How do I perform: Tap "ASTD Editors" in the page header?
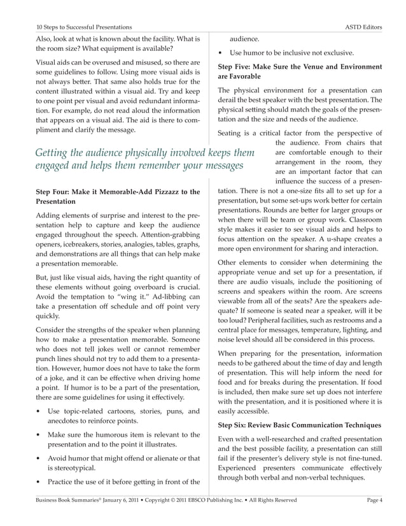click(x=367, y=27)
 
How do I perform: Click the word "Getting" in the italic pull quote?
click(x=55, y=153)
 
